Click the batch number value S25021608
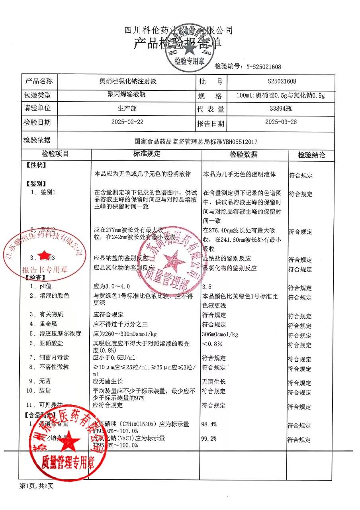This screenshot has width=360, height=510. (x=282, y=82)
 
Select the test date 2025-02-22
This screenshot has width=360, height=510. (x=127, y=122)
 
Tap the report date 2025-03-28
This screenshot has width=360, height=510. (x=281, y=122)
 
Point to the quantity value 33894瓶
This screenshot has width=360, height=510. (x=281, y=108)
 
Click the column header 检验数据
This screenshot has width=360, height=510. (x=243, y=155)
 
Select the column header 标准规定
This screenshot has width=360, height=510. (x=147, y=154)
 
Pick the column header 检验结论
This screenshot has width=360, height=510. (x=312, y=155)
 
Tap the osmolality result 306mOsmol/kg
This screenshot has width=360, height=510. (x=220, y=334)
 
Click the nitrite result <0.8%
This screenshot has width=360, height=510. (x=212, y=344)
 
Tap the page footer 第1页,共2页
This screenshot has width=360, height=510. (x=36, y=486)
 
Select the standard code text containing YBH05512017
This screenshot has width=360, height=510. (x=196, y=141)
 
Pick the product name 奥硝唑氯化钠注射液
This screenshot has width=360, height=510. (x=127, y=82)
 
